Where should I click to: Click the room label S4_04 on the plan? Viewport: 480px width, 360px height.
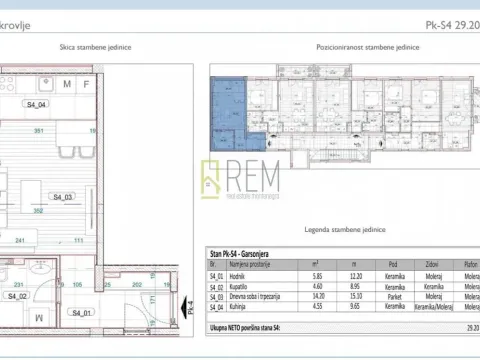(x=37, y=104)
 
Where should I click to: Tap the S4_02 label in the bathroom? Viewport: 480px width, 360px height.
(x=18, y=297)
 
